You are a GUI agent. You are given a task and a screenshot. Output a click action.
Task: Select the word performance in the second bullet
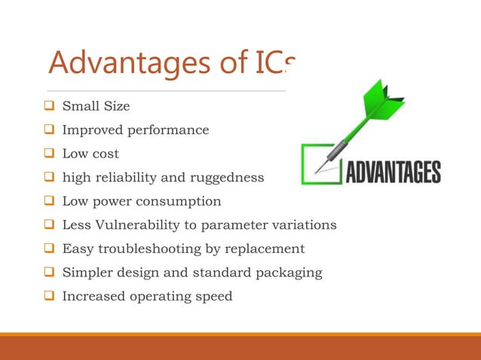tap(171, 130)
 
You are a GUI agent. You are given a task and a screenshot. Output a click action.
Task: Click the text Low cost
tap(90, 154)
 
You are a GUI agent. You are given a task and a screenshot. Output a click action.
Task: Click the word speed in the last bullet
tap(215, 296)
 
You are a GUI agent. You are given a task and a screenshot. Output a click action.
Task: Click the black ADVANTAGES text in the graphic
tap(393, 171)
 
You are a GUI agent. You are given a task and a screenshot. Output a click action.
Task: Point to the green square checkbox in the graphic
tap(320, 163)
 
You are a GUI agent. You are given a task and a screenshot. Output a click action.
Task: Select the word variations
tap(304, 224)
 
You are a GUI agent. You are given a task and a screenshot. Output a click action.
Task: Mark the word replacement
tap(265, 249)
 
